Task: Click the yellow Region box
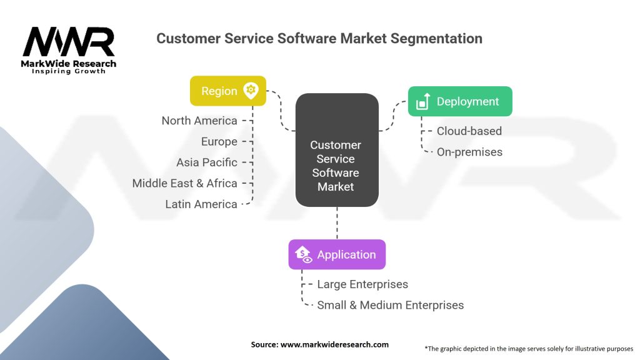pyautogui.click(x=228, y=91)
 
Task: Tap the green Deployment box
pyautogui.click(x=460, y=101)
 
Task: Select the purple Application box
pyautogui.click(x=337, y=254)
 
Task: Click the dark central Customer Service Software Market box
pyautogui.click(x=337, y=150)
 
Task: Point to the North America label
pyautogui.click(x=199, y=121)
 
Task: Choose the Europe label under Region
pyautogui.click(x=219, y=142)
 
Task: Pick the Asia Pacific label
pyautogui.click(x=206, y=162)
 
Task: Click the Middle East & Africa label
pyautogui.click(x=184, y=183)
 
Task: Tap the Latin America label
pyautogui.click(x=201, y=204)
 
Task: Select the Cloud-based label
pyautogui.click(x=469, y=131)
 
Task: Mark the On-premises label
pyautogui.click(x=469, y=152)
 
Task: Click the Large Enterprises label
pyautogui.click(x=362, y=284)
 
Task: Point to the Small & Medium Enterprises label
pyautogui.click(x=390, y=305)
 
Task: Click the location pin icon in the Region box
pyautogui.click(x=251, y=90)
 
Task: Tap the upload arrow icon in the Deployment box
pyautogui.click(x=423, y=101)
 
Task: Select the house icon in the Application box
pyautogui.click(x=303, y=254)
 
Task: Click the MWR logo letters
pyautogui.click(x=69, y=42)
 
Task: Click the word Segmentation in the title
pyautogui.click(x=436, y=38)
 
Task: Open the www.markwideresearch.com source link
pyautogui.click(x=334, y=344)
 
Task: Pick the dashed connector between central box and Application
pyautogui.click(x=337, y=223)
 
